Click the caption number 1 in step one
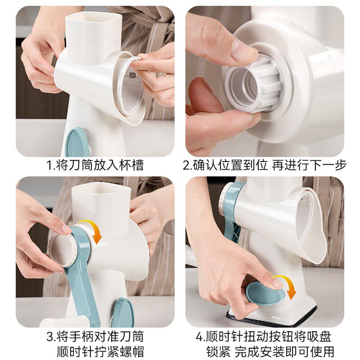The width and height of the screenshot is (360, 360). (49, 166)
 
